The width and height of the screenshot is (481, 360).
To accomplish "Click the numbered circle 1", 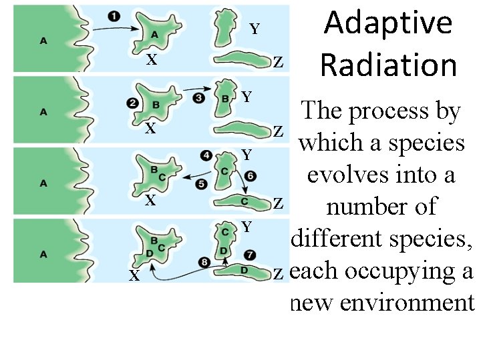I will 114,17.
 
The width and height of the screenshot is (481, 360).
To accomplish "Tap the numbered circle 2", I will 132,103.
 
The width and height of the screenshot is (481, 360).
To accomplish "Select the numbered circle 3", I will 198,98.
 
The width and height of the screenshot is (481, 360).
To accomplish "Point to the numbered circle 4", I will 207,156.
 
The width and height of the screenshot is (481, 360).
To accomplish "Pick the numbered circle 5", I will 202,184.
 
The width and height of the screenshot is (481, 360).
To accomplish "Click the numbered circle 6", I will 249,176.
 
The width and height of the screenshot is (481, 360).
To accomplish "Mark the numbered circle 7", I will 249,254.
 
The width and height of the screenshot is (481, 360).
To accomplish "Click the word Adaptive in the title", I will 388,24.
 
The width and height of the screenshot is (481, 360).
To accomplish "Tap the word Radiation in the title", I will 388,65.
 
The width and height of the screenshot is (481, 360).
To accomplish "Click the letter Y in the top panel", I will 255,29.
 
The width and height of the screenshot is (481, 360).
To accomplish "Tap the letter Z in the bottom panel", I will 279,274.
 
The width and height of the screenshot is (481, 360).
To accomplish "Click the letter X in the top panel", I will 152,60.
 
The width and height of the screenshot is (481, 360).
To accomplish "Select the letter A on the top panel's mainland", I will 43,41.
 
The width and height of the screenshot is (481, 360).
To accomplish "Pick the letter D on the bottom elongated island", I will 244,270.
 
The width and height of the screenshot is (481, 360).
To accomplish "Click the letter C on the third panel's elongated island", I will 245,201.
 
